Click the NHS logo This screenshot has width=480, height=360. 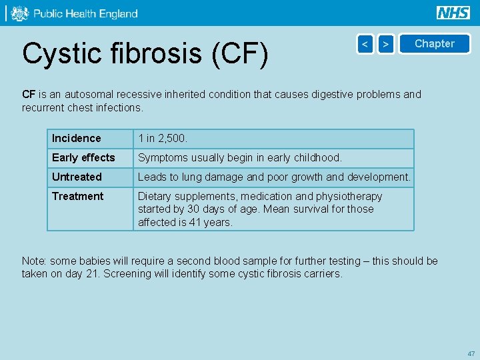coord(453,13)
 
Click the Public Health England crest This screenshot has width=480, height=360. coord(20,13)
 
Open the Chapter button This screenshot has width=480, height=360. coord(434,44)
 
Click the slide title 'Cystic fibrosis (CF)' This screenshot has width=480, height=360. coord(145,53)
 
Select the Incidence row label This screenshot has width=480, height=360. coord(77,139)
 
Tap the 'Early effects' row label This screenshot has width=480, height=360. coord(83,158)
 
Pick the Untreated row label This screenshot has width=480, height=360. coord(77,177)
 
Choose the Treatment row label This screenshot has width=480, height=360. coord(77,197)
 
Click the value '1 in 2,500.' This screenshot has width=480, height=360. coord(163,139)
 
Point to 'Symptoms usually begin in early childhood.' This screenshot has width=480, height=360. coord(239,158)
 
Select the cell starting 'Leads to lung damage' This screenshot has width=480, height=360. coord(274,177)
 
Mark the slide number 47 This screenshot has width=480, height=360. coord(471,353)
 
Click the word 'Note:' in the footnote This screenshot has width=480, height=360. coord(34,261)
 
